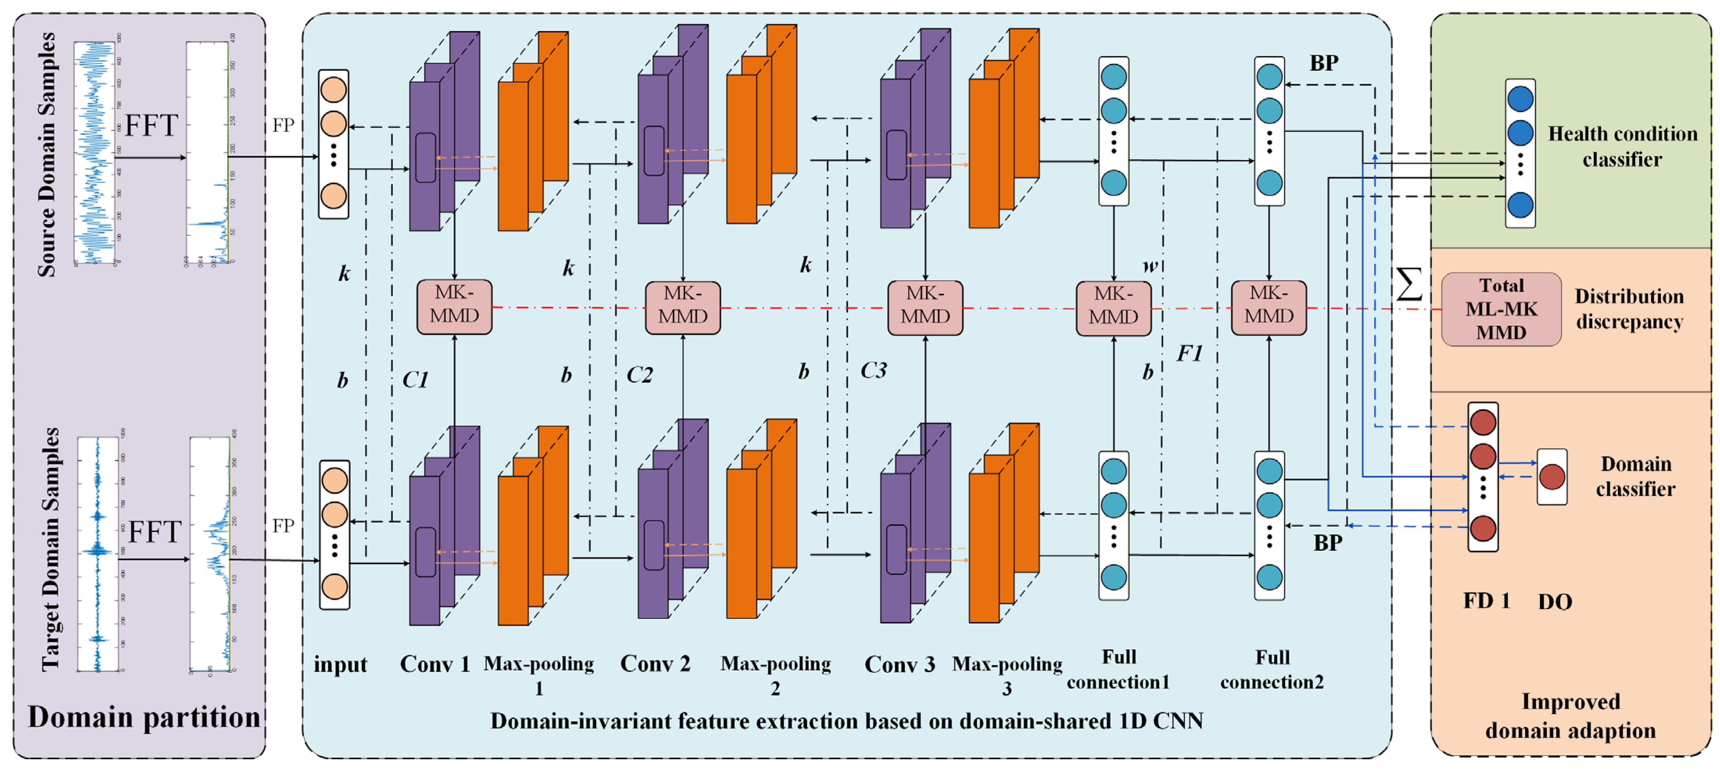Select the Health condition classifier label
pos(1622,146)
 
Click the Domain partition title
pos(144,717)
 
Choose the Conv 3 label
pos(899,664)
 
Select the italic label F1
pos(1189,353)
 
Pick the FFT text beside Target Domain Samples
pos(154,532)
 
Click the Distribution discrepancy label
pos(1629,309)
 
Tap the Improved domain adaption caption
pos(1570,715)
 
